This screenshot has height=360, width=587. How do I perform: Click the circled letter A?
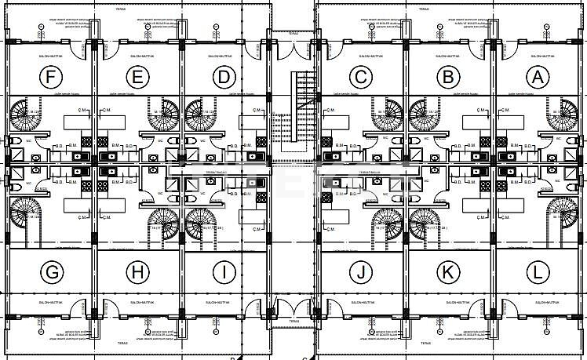(538, 77)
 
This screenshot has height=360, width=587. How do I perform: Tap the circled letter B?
(449, 77)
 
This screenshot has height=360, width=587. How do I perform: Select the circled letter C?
(360, 77)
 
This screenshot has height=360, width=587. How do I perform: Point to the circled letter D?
(224, 77)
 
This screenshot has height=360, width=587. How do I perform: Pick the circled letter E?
(138, 77)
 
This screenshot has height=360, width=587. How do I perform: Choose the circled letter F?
(52, 77)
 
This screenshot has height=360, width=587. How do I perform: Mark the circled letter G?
(52, 272)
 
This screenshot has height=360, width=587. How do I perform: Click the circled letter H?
(138, 272)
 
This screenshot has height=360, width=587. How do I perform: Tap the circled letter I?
(224, 272)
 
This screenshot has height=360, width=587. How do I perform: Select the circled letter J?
(360, 272)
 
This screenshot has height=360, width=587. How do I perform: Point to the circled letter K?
(449, 272)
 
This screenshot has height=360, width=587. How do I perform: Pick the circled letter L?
(538, 272)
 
